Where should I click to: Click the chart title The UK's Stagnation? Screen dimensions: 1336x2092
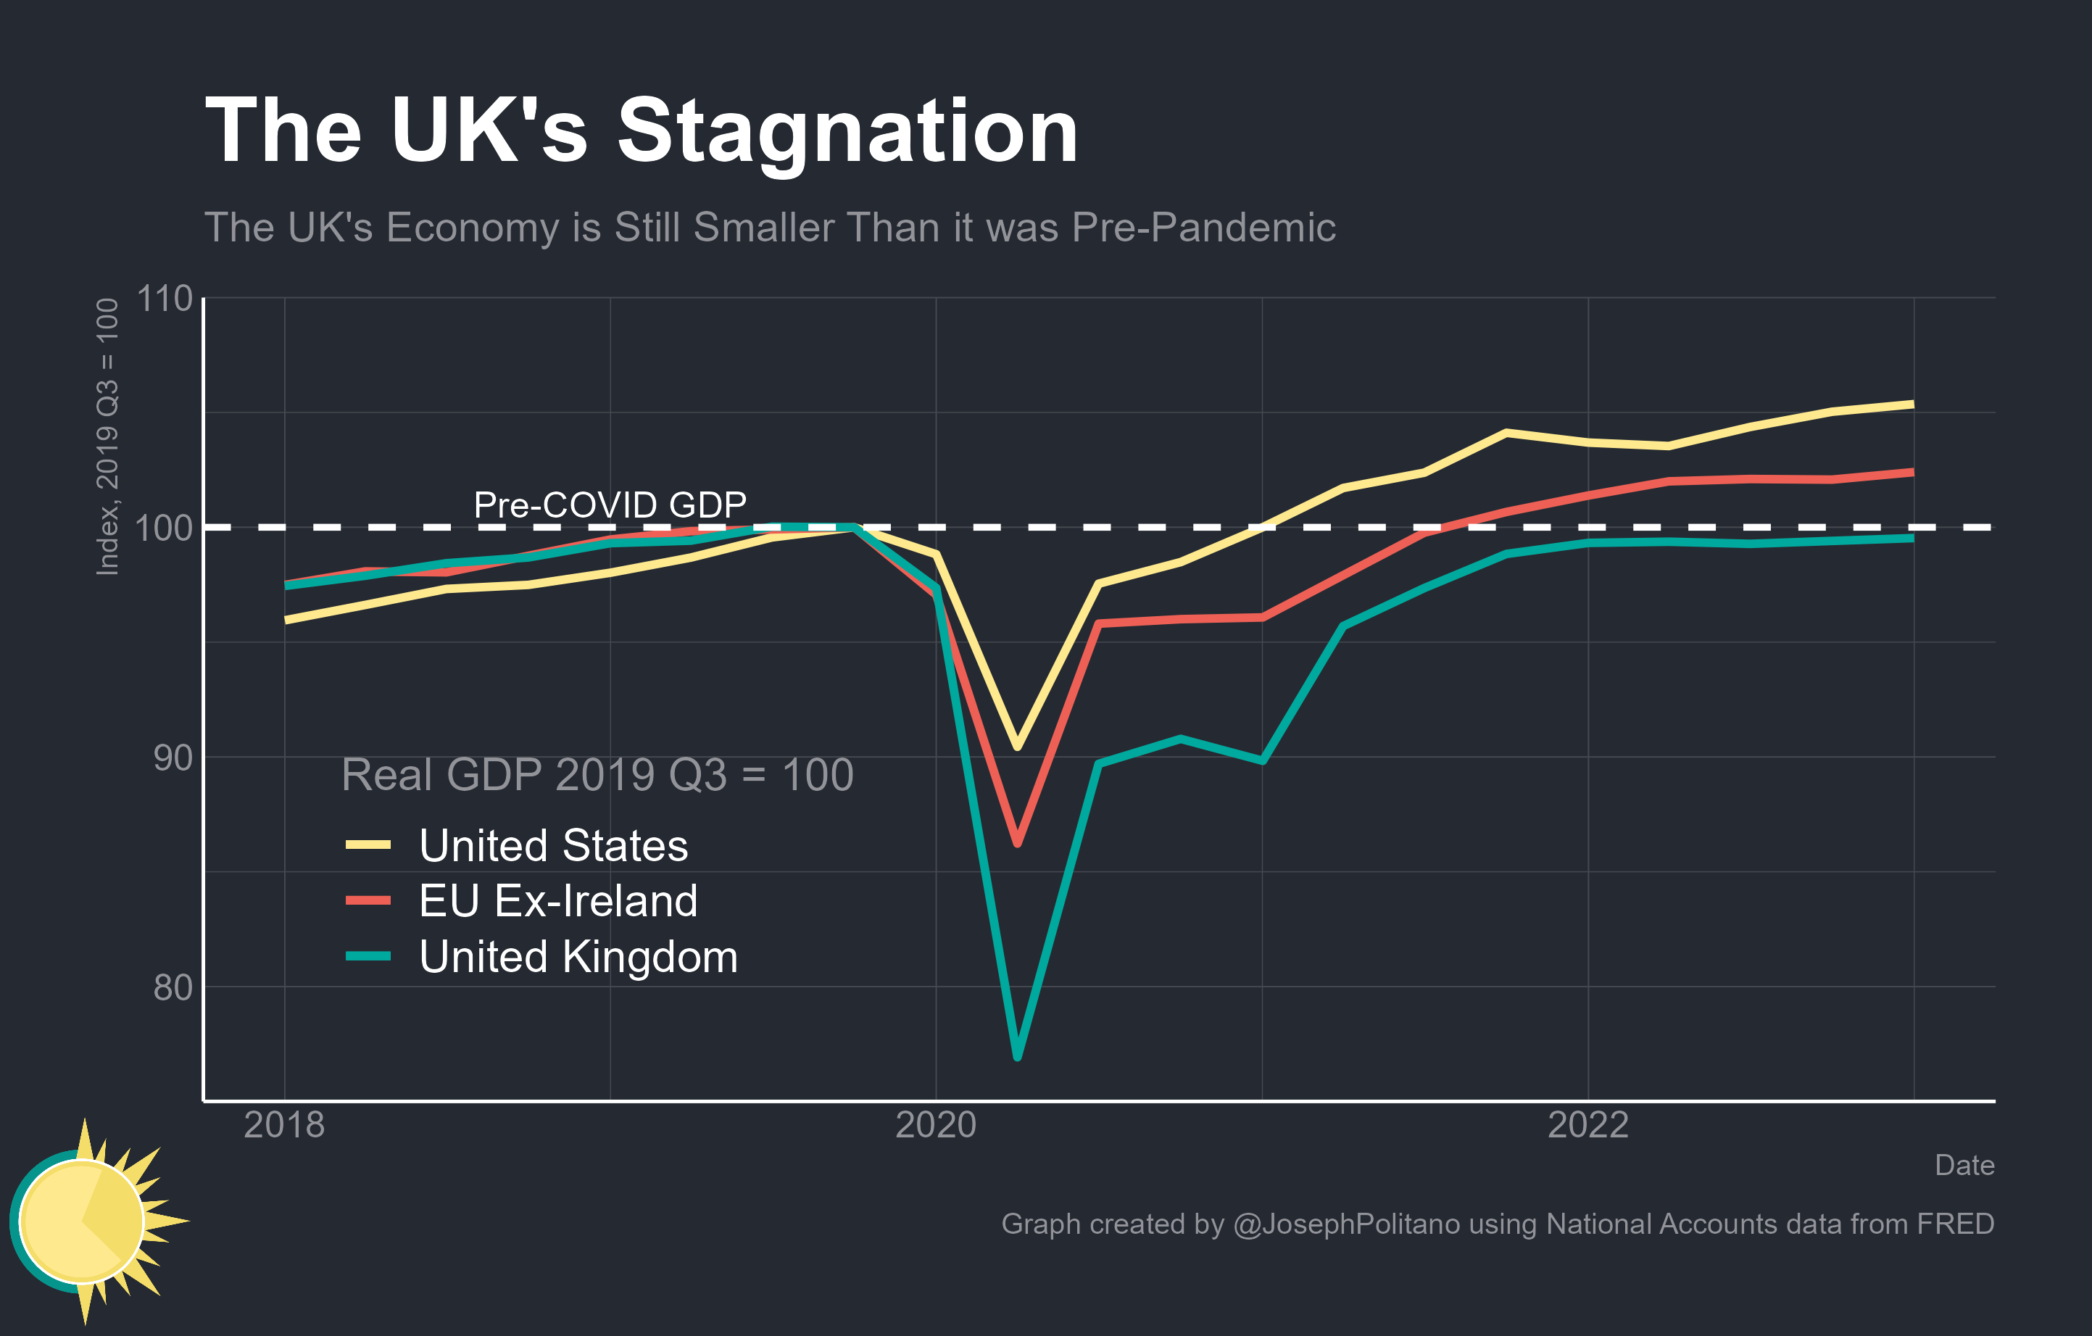coord(641,131)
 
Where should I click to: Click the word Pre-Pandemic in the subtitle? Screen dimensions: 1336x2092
coord(1203,228)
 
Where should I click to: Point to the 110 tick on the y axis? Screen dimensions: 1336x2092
coord(165,299)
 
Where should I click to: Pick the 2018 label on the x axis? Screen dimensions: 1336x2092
coord(284,1126)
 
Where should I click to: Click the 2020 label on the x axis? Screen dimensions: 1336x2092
coord(936,1126)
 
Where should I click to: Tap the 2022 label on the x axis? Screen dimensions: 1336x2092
coord(1588,1126)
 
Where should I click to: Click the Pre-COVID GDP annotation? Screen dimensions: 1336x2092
coord(610,505)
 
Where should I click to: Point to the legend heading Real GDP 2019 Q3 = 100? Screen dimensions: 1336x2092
coord(598,774)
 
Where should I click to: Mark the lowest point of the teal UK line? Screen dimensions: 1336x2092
coord(1017,1056)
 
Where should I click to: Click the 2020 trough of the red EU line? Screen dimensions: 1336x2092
coord(1017,842)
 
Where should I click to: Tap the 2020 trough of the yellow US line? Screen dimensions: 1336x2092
coord(1017,746)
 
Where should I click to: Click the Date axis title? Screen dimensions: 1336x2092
coord(1964,1166)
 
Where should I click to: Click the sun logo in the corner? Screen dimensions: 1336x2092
coord(87,1221)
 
